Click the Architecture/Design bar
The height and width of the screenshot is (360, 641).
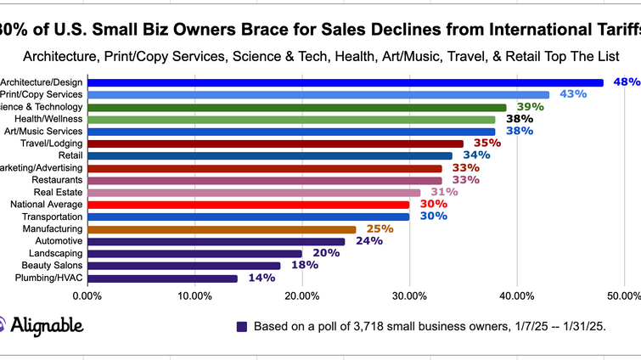coord(345,82)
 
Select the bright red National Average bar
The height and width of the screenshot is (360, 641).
coord(248,205)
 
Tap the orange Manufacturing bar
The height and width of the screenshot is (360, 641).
coord(222,229)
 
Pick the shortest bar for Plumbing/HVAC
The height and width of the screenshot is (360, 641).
coord(162,278)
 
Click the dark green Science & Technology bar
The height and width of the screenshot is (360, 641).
coord(296,107)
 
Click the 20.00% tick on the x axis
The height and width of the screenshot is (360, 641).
coord(301,295)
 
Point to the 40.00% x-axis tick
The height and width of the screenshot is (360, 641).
coord(516,295)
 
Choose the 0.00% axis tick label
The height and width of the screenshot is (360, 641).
coord(87,295)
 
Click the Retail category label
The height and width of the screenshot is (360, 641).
coord(70,155)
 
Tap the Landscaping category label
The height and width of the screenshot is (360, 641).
coord(55,254)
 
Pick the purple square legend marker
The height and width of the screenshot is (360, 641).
coord(242,326)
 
